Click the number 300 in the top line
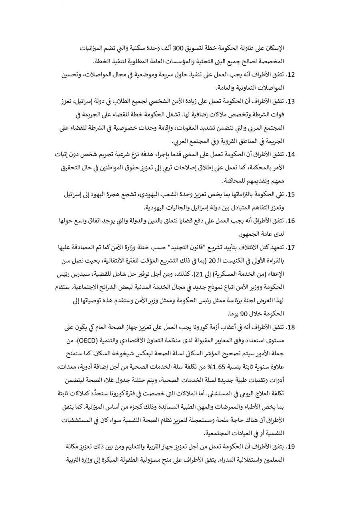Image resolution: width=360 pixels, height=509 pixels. click(x=178, y=48)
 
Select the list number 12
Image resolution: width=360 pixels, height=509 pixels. click(x=291, y=75)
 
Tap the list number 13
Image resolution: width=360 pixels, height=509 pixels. click(x=291, y=101)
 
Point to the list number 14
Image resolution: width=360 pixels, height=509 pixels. click(x=291, y=154)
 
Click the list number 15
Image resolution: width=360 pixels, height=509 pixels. click(x=291, y=194)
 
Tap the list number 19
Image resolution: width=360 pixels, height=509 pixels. click(x=291, y=446)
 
